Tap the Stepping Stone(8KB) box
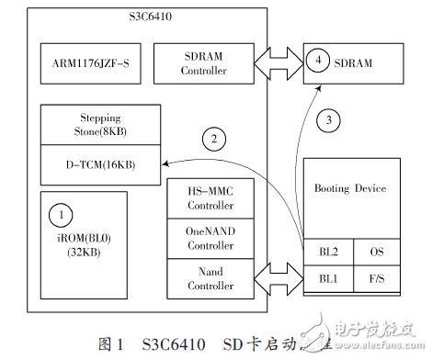tap(100, 124)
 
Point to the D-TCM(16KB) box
tap(100, 162)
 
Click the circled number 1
tap(61, 215)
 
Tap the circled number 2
tap(213, 141)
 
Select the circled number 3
tap(326, 118)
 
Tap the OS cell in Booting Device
tap(377, 250)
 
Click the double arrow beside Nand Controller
tap(278, 276)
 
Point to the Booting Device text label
tap(351, 190)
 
